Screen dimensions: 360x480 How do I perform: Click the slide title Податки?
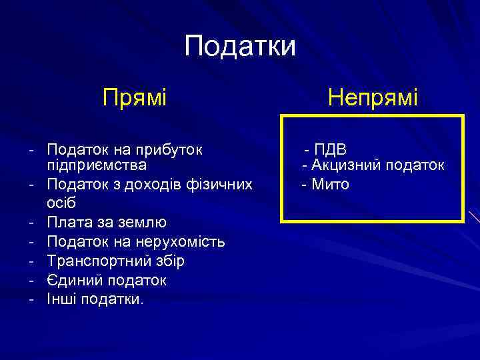tap(239, 47)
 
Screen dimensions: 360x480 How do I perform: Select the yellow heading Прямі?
tap(134, 99)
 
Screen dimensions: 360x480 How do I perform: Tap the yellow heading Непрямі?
tap(373, 99)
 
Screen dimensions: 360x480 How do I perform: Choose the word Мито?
tap(330, 183)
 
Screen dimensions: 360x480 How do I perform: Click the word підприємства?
tap(97, 164)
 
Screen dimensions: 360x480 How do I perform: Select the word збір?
tap(166, 261)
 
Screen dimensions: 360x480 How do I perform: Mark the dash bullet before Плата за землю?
tap(31, 221)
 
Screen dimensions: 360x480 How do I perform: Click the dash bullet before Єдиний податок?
tap(31, 280)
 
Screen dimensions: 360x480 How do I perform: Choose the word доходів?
tap(158, 183)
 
